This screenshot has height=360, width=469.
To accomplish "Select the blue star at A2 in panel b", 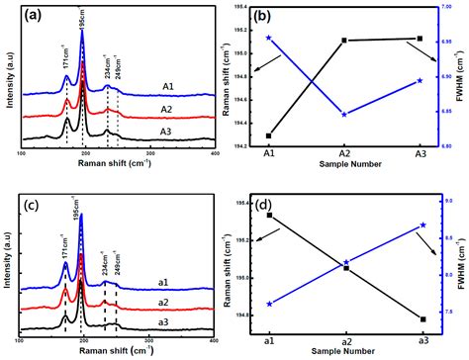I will pos(344,115).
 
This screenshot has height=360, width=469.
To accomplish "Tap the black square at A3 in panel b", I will pos(421,39).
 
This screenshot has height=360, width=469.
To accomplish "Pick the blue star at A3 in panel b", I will pos(421,80).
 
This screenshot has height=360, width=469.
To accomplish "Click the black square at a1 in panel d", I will pos(269,215).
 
